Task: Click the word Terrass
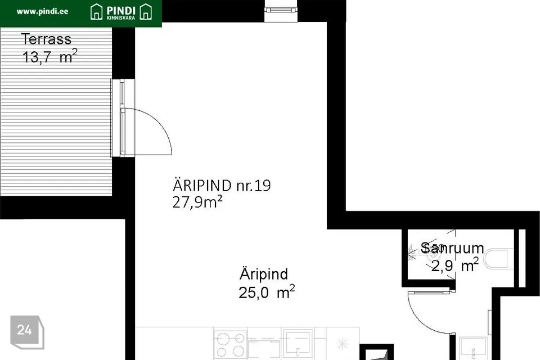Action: click(x=46, y=39)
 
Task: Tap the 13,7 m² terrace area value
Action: click(x=49, y=57)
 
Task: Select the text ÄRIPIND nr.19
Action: click(x=222, y=186)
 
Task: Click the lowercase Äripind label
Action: click(x=264, y=274)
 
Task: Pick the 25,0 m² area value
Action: click(x=267, y=292)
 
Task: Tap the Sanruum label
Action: click(x=452, y=248)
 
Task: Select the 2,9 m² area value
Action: click(x=454, y=265)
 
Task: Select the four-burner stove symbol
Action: click(x=230, y=344)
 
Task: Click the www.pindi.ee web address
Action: click(x=42, y=11)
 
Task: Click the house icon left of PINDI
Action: click(x=97, y=11)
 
